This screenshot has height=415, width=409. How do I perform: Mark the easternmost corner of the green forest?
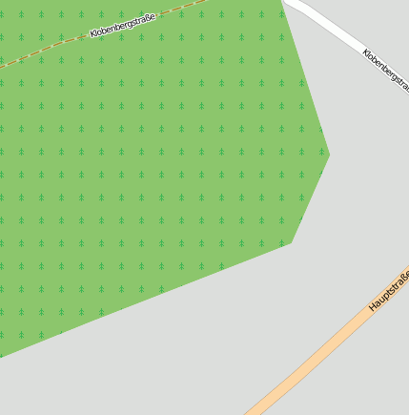329,153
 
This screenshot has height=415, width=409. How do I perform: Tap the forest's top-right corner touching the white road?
283,3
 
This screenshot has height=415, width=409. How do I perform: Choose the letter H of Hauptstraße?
372,308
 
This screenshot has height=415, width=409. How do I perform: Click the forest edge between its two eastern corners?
311,197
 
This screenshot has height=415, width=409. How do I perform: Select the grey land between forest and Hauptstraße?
238,334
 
